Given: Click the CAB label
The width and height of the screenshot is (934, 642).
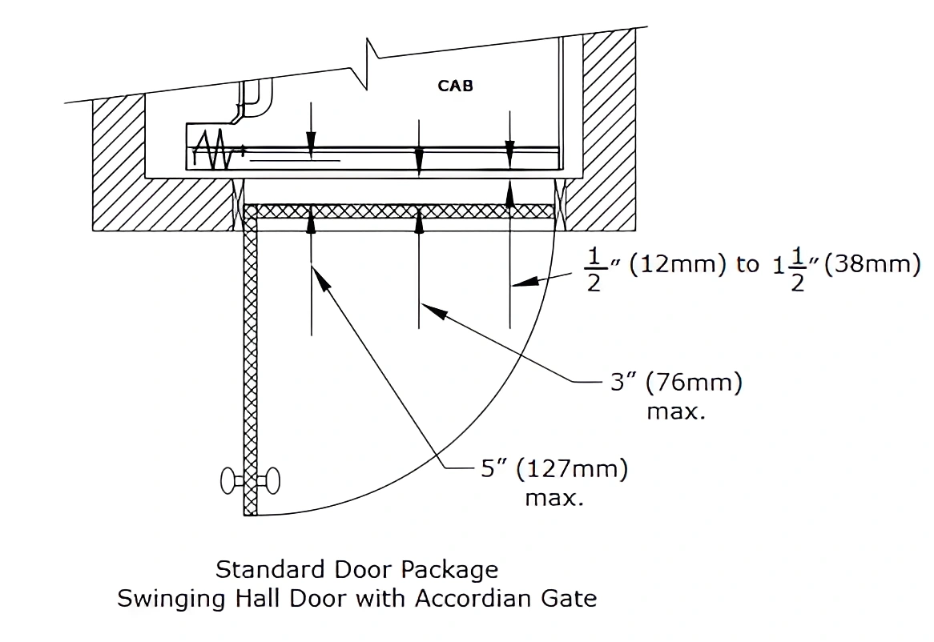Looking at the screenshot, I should [x=455, y=86].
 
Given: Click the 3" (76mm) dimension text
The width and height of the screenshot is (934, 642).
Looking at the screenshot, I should [x=676, y=383].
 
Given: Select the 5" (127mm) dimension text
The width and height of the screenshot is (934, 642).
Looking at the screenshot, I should [x=554, y=468].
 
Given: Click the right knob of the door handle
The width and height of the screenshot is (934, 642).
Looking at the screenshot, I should [x=272, y=480].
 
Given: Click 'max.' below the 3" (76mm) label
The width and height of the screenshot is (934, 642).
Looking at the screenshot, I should [x=676, y=413].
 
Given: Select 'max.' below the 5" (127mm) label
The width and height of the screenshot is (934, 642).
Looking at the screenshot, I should [x=554, y=498].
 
